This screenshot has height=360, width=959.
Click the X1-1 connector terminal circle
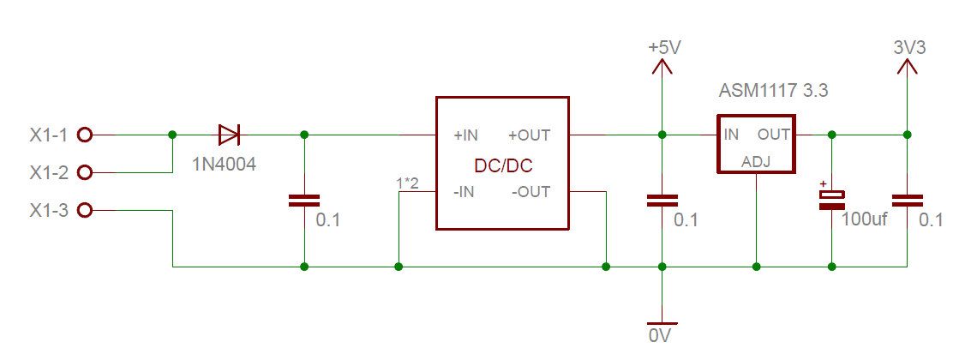[85, 135]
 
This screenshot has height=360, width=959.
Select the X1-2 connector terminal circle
[85, 172]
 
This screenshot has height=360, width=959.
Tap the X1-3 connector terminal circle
[85, 210]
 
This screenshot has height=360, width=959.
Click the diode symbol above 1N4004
[229, 135]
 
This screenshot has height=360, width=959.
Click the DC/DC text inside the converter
[502, 164]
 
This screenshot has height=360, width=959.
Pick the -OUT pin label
[530, 192]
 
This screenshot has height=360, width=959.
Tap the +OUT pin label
[529, 135]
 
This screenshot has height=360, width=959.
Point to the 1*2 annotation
[408, 183]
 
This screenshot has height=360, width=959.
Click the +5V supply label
[664, 48]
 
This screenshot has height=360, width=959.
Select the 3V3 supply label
[909, 48]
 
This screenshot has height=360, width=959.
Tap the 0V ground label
[660, 336]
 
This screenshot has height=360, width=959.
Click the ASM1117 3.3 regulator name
[773, 90]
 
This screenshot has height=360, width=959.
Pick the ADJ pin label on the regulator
[755, 161]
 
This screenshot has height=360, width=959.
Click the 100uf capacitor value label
[865, 220]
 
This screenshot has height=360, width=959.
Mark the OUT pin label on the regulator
[773, 135]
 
